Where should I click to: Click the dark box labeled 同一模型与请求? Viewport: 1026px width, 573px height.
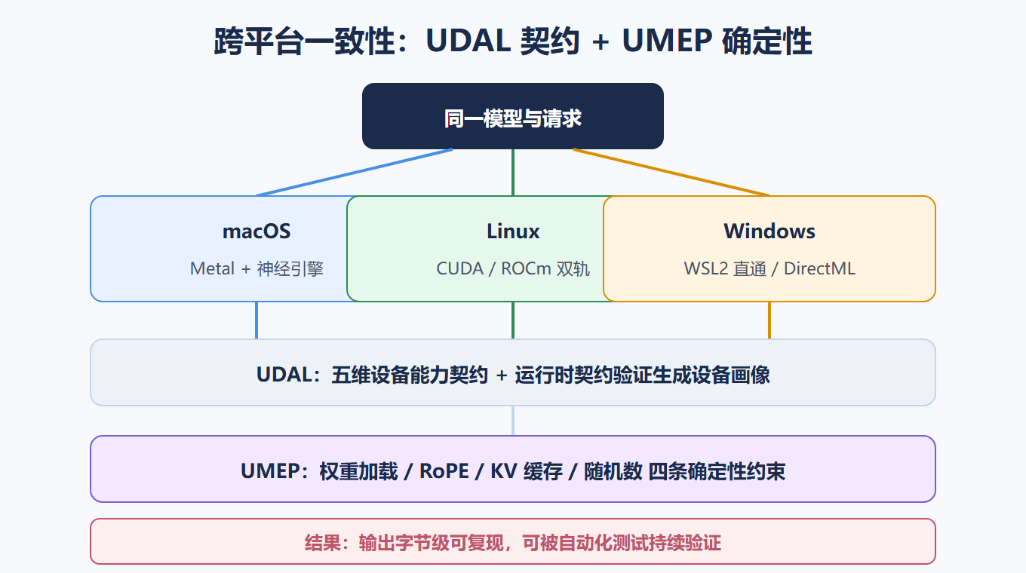(x=512, y=116)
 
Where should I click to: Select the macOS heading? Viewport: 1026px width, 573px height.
(x=256, y=231)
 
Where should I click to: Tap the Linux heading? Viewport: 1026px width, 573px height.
(x=513, y=231)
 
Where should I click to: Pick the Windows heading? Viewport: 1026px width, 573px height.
(x=769, y=231)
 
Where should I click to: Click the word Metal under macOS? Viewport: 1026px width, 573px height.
(x=212, y=268)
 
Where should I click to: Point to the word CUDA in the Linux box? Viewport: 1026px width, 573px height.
(x=459, y=268)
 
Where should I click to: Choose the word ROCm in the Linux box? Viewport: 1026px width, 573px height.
(x=526, y=268)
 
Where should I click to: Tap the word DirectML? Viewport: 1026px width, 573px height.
(x=819, y=268)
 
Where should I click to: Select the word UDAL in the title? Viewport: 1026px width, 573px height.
(x=468, y=41)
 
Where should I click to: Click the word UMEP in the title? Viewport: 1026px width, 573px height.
(x=667, y=41)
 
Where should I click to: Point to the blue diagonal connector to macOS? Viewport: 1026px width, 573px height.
(x=355, y=173)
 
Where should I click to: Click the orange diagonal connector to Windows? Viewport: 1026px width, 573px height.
(x=671, y=173)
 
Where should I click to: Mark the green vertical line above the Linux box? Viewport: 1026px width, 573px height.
(x=513, y=173)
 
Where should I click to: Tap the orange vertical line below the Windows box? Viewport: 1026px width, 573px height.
(x=769, y=320)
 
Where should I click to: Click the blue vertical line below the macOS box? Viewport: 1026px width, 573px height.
(x=256, y=320)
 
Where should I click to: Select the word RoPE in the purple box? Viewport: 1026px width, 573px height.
(x=444, y=471)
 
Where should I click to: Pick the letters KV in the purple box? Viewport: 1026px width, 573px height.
(x=504, y=471)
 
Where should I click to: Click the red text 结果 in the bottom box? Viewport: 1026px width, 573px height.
(x=323, y=544)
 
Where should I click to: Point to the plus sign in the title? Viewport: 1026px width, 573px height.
(x=601, y=42)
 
